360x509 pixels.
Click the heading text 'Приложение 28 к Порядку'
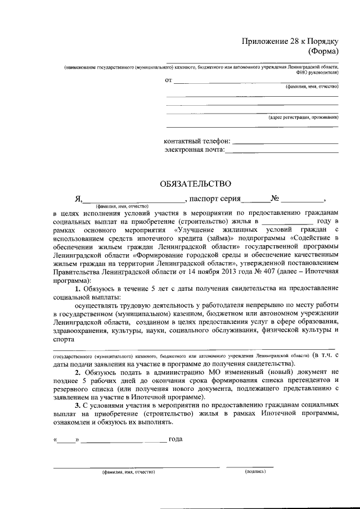coord(290,41)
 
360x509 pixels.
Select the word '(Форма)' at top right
coord(323,51)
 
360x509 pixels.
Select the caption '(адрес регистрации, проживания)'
coord(303,118)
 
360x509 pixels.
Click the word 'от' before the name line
coord(168,81)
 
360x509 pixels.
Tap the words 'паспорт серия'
coord(215,199)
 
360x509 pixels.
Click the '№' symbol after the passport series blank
coord(276,199)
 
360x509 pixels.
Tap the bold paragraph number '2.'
coord(79,373)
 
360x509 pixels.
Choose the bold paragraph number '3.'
coord(79,405)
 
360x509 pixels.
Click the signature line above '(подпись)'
coord(250,467)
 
